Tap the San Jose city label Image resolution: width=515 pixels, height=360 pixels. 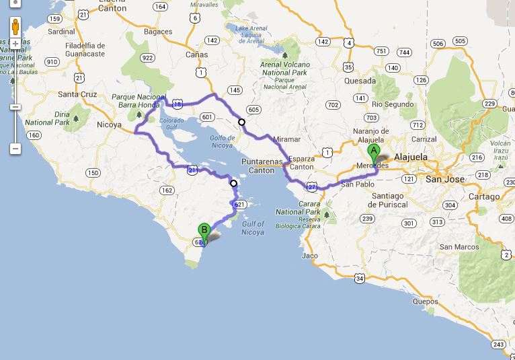click(x=445, y=180)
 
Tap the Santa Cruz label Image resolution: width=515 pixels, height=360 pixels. click(x=77, y=94)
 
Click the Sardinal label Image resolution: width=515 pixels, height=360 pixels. click(x=61, y=31)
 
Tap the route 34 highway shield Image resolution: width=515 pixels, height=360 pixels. click(x=360, y=278)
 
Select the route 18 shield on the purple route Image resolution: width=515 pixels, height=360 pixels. click(x=177, y=105)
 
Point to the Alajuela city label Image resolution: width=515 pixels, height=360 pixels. click(x=411, y=157)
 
